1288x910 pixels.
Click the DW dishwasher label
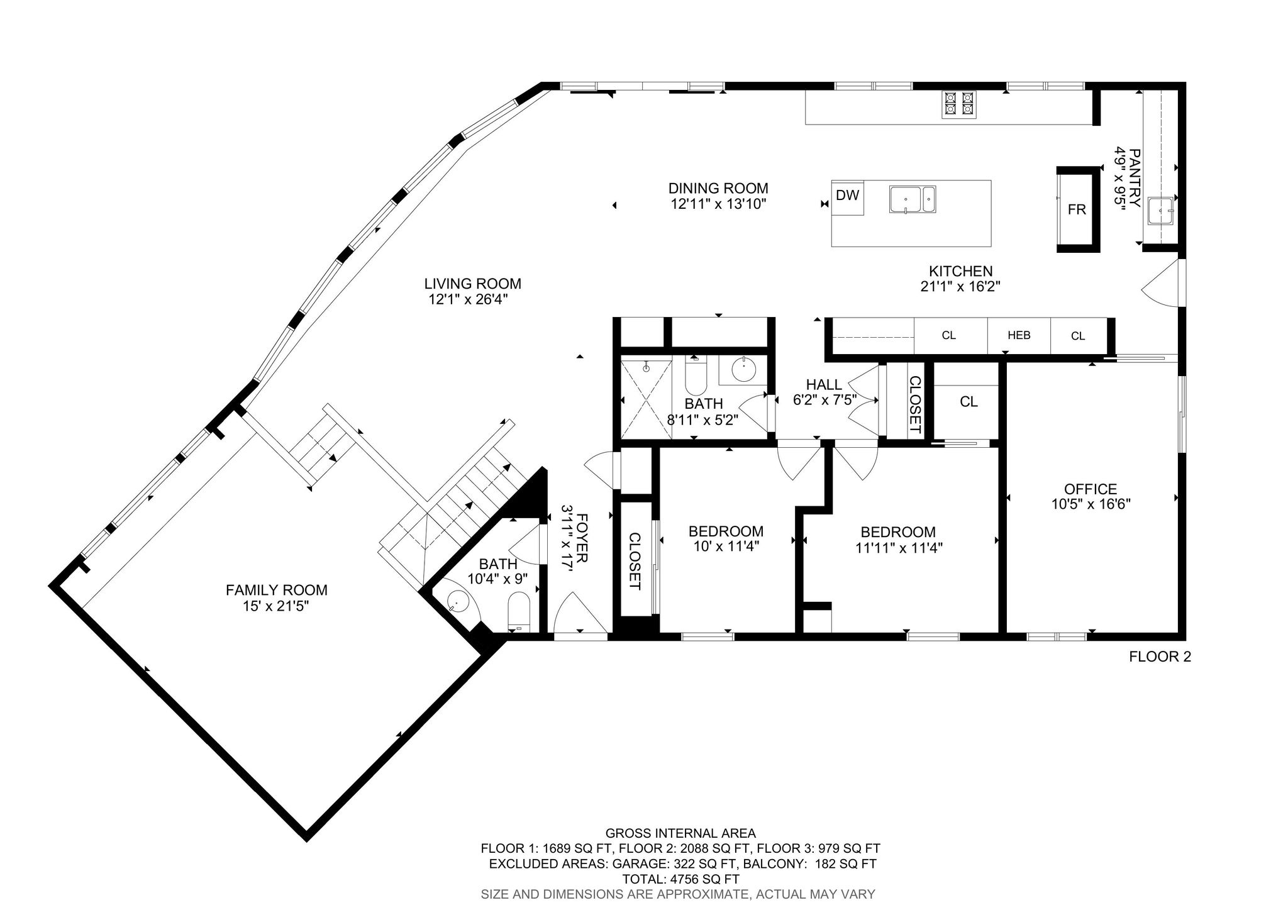click(847, 195)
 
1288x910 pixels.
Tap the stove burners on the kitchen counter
click(959, 104)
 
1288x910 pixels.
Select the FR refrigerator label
click(1077, 209)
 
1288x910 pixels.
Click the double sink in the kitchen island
click(913, 199)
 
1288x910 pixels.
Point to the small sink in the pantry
click(1160, 211)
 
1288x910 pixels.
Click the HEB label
click(1019, 335)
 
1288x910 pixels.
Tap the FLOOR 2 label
click(1160, 657)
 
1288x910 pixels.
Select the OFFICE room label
click(1091, 489)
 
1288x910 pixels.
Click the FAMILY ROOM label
click(277, 590)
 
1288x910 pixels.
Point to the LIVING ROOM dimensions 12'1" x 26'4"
click(469, 299)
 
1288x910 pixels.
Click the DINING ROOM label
click(718, 188)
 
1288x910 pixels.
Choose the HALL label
click(824, 385)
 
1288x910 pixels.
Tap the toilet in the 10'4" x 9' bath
click(519, 611)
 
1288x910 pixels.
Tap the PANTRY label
click(1135, 178)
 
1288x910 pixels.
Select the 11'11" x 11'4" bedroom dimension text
click(899, 548)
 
